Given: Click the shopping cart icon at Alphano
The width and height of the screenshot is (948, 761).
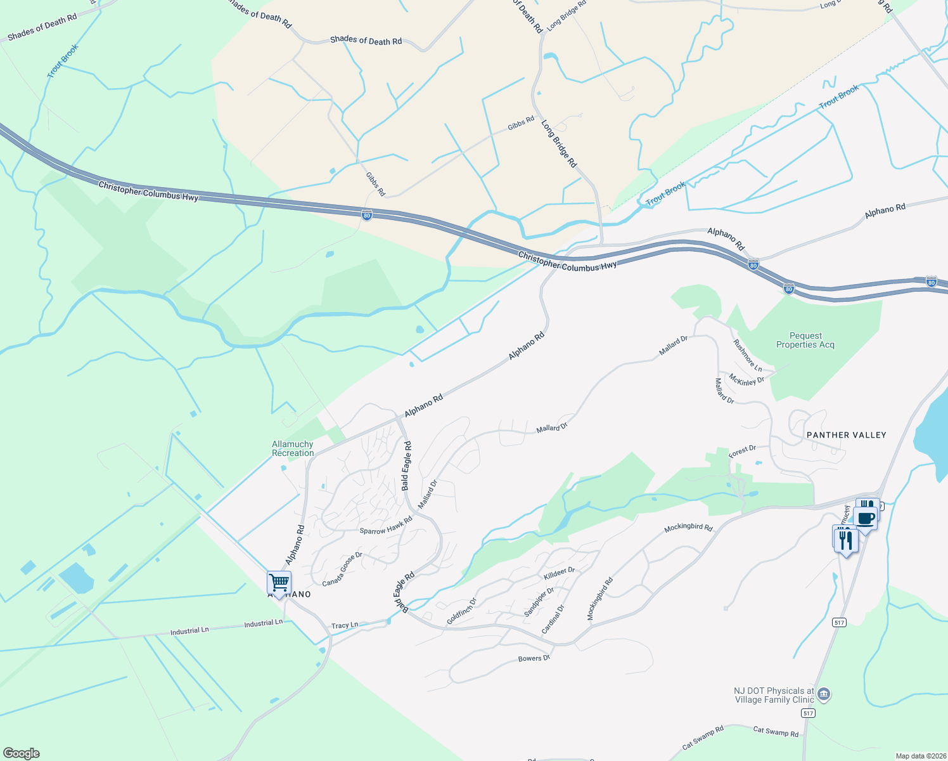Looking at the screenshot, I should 279,582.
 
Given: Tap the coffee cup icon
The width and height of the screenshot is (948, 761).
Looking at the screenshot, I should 866,518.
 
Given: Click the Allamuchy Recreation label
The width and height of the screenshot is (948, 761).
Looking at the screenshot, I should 293,448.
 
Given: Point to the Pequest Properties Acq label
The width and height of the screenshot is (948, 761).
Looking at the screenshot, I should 805,341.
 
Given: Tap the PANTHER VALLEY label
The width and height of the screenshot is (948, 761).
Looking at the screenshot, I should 846,435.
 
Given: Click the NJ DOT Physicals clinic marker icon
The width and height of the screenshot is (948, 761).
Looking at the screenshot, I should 824,694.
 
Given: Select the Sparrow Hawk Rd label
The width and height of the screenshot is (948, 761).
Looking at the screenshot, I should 386,526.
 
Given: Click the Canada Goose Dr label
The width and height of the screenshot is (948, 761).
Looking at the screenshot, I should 342,569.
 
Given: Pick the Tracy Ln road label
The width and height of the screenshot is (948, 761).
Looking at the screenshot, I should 345,625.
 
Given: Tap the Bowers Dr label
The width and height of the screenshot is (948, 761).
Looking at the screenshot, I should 534,658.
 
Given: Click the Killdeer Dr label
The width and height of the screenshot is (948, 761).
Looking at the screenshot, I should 560,573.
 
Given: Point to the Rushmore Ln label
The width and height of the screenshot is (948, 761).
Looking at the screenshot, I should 748,356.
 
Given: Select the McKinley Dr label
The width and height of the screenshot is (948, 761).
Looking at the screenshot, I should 746,380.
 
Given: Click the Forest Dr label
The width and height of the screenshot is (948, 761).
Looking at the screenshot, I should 742,452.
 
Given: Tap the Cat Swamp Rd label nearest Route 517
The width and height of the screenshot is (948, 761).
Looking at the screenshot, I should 776,732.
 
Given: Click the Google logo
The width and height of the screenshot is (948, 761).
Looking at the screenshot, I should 22,753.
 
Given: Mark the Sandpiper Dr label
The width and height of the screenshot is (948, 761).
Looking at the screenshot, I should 539,602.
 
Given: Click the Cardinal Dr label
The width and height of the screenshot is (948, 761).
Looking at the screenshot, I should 553,620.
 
